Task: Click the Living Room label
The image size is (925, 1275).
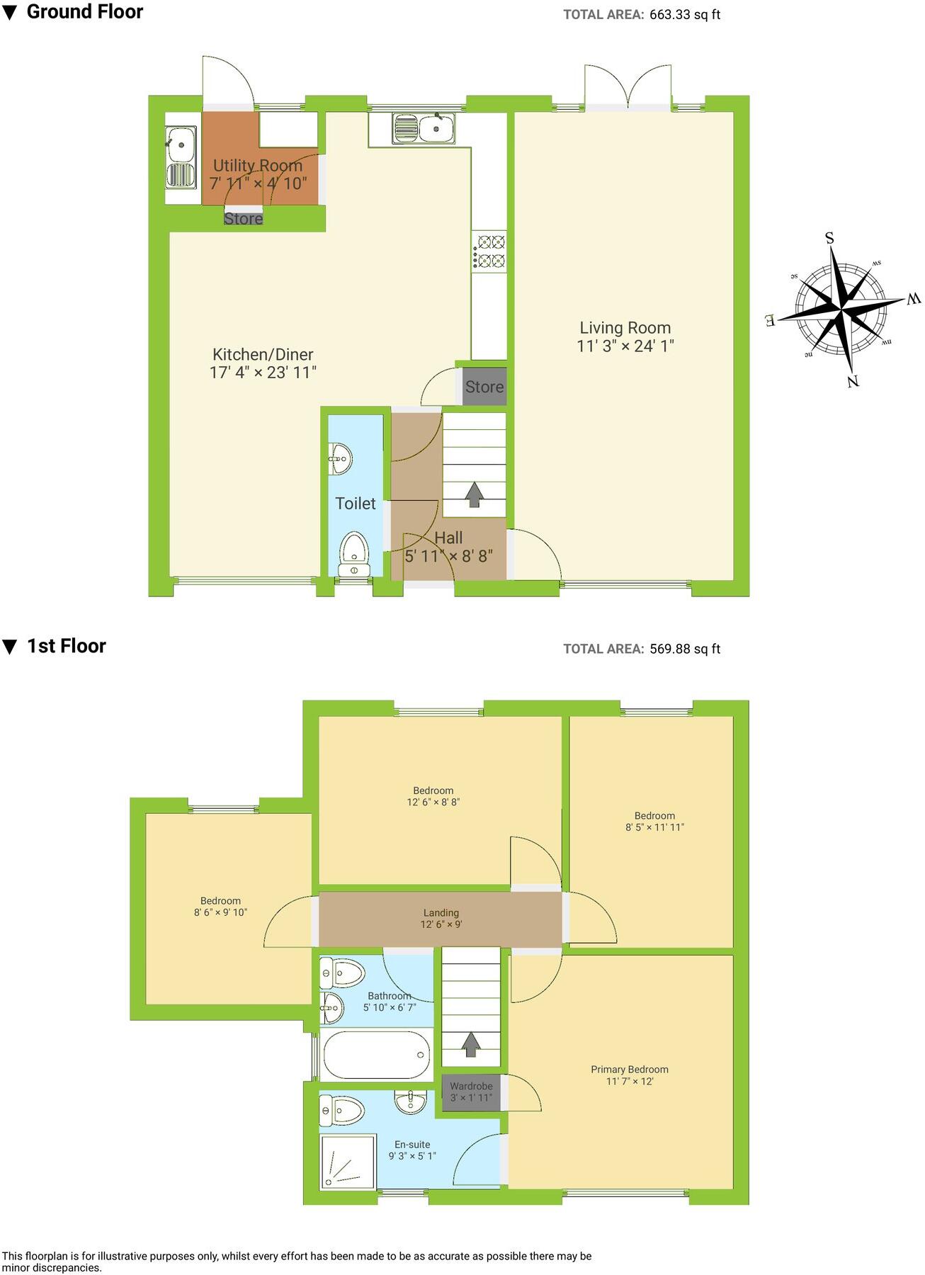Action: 625,328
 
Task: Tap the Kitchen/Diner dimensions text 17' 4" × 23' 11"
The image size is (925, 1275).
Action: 263,373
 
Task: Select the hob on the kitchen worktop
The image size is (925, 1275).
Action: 489,251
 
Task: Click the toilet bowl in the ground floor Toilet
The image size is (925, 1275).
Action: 353,552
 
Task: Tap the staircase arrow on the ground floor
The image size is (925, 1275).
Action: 474,494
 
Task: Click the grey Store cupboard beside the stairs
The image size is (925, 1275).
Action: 484,387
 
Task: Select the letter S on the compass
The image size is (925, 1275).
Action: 829,238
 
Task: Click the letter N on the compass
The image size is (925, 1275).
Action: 853,381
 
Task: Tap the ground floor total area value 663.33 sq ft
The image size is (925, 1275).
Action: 684,14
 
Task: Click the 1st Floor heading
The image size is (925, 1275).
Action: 66,646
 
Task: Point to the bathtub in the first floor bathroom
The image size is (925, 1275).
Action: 376,1055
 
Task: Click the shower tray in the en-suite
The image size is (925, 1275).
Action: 348,1161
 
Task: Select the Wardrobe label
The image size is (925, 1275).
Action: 471,1086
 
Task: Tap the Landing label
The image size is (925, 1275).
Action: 441,913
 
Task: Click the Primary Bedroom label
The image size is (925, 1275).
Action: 630,1070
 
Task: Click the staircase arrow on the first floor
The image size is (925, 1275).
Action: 471,1043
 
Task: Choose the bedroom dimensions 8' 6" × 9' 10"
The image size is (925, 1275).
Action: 220,913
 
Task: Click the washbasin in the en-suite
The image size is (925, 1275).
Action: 410,1102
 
